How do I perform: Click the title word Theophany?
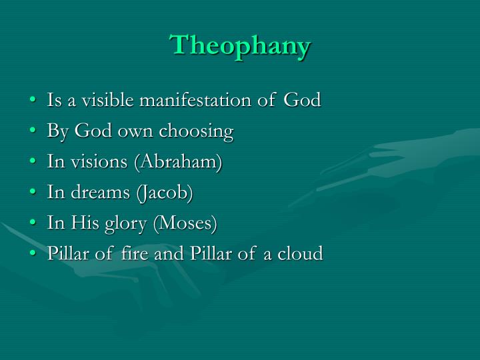click(241, 45)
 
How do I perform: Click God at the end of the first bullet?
click(302, 101)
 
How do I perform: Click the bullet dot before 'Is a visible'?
click(34, 101)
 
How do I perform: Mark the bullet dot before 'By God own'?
click(34, 132)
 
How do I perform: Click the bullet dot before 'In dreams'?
click(34, 194)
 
